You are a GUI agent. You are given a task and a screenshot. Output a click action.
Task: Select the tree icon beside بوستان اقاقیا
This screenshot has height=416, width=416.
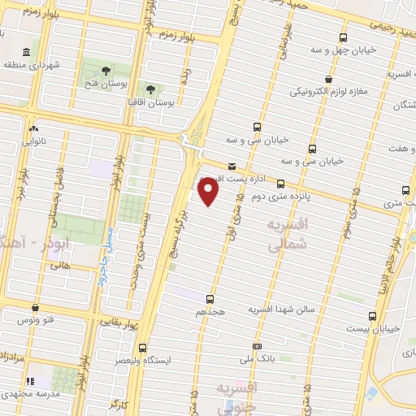149,89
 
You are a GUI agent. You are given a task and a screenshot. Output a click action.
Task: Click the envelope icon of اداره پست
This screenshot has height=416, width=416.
233,166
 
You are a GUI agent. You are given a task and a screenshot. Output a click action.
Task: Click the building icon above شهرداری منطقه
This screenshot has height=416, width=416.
27,53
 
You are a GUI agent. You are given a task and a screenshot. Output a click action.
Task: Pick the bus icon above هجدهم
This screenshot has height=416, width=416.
210,299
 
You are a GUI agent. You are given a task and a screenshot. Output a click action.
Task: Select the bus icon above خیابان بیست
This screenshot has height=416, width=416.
373,316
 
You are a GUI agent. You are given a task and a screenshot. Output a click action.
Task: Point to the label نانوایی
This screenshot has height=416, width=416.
34,141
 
